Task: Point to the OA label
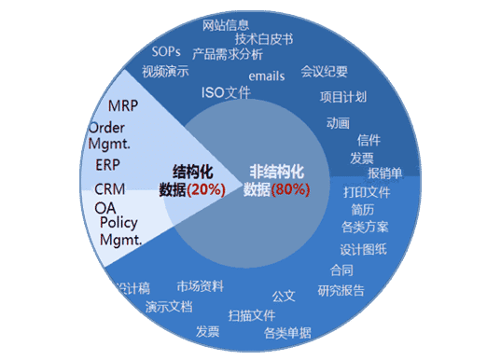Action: point(104,206)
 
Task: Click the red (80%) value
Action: point(291,189)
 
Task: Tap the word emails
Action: point(267,76)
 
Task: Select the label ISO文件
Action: point(226,92)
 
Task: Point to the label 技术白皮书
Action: point(264,39)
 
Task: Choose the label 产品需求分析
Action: point(228,53)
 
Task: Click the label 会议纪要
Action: point(325,70)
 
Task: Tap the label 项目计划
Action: point(342,97)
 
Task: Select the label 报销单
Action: point(384,173)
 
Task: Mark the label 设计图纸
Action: point(363,250)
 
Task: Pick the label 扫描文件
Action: point(251,315)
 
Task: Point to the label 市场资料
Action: point(200,285)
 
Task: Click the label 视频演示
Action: point(165,71)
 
